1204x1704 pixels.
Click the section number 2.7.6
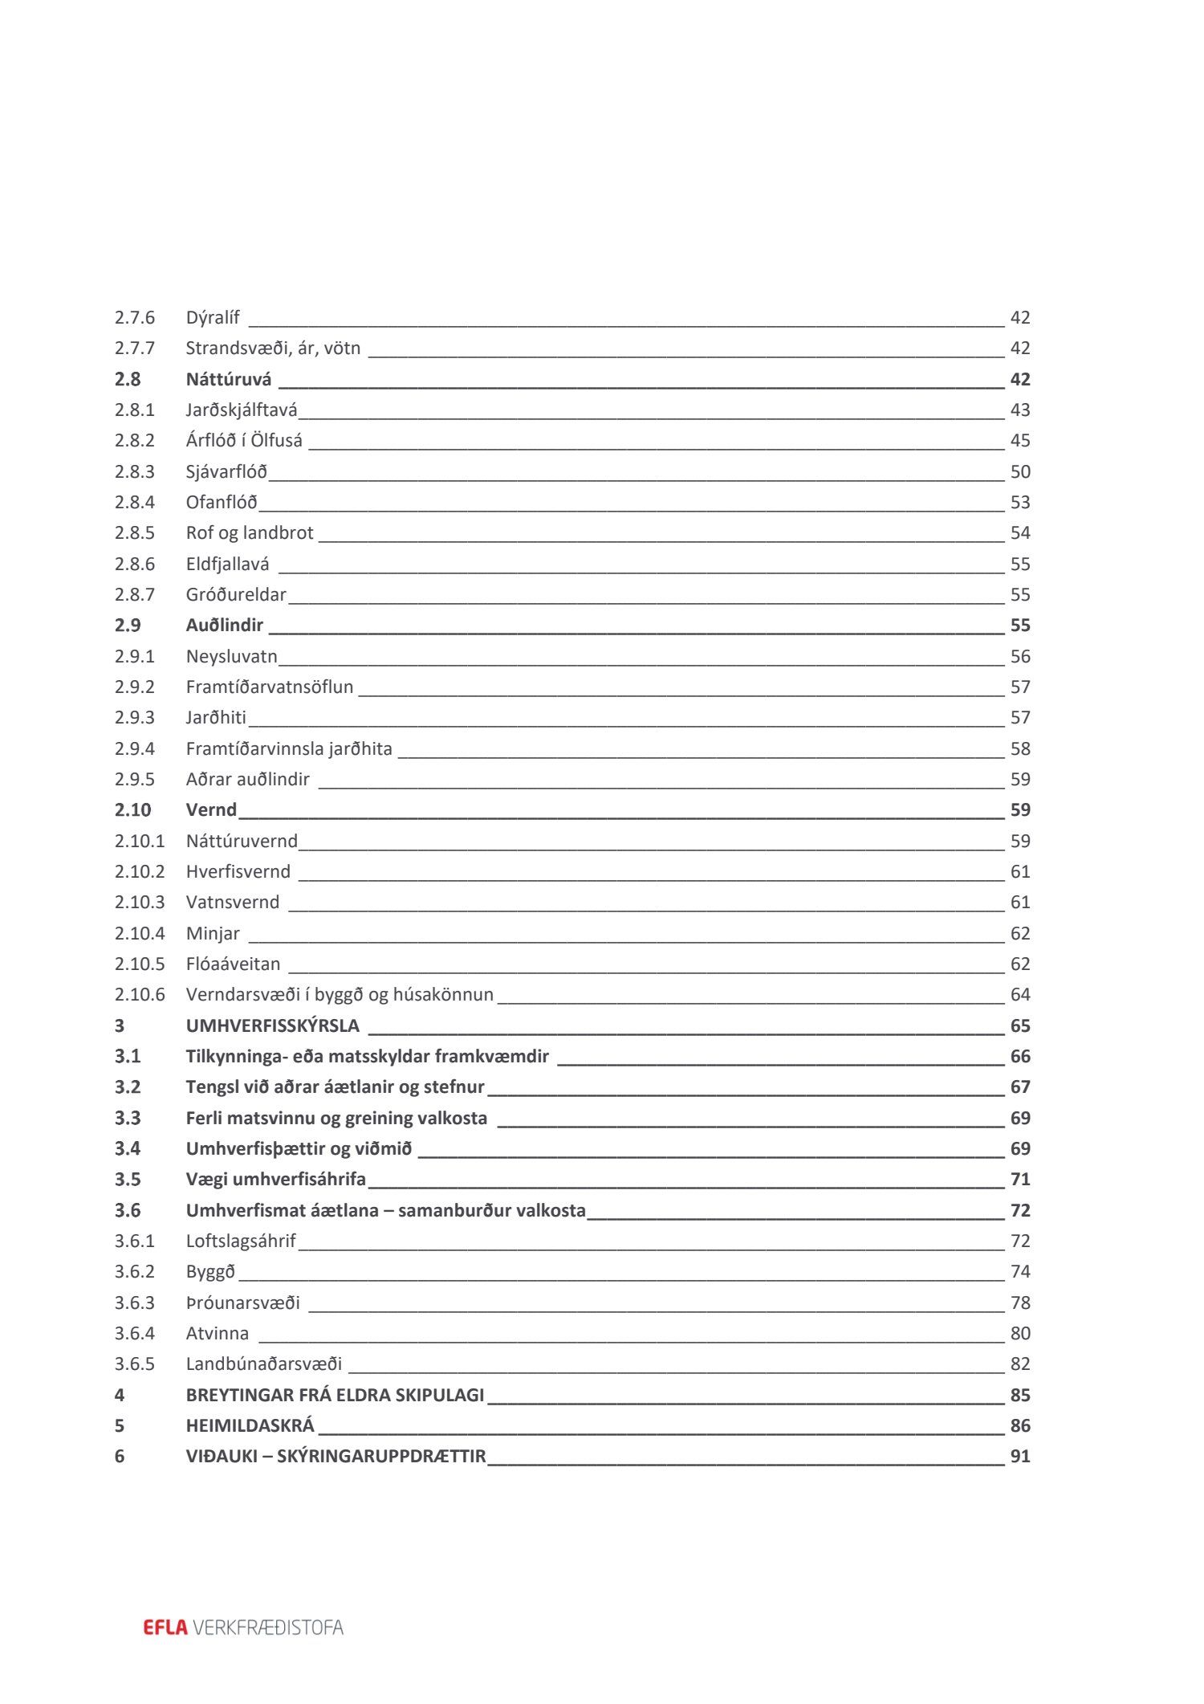point(134,318)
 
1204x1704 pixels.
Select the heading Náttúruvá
point(229,379)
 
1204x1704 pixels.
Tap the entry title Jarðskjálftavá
point(241,410)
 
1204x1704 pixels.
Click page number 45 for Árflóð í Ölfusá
point(1019,441)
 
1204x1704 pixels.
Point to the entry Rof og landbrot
point(250,533)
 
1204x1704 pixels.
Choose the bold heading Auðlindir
point(225,626)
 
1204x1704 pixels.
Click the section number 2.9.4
point(134,749)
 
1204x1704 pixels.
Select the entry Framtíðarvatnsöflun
point(269,687)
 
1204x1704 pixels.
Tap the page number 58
point(1019,749)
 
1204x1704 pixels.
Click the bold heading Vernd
point(211,810)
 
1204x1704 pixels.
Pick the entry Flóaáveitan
point(233,964)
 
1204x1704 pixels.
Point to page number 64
point(1019,995)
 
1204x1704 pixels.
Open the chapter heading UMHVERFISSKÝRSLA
point(272,1026)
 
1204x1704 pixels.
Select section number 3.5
point(127,1180)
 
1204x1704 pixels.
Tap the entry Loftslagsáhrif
point(241,1241)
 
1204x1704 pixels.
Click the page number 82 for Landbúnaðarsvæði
point(1019,1364)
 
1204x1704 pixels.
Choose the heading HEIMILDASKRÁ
point(250,1426)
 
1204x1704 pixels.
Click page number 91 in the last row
point(1019,1457)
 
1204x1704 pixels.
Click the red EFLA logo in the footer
point(165,1628)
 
